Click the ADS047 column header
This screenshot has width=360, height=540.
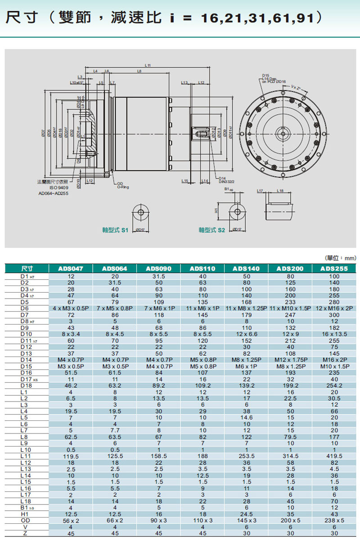tap(70, 268)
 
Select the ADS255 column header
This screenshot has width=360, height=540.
tap(334, 268)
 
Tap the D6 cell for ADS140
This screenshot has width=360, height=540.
tap(246, 308)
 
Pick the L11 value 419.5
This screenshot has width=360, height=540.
tap(334, 455)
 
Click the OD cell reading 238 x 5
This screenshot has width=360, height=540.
tap(334, 520)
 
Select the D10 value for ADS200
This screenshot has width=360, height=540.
tap(290, 334)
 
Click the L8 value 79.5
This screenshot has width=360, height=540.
tap(290, 436)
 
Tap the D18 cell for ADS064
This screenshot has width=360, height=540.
tap(114, 385)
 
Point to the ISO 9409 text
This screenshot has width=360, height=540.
tap(58, 187)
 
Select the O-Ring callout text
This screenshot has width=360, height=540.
tap(122, 187)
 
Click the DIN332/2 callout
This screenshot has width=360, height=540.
tap(227, 182)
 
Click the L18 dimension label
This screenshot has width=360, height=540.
tap(280, 191)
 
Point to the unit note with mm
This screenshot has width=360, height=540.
tap(340, 258)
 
